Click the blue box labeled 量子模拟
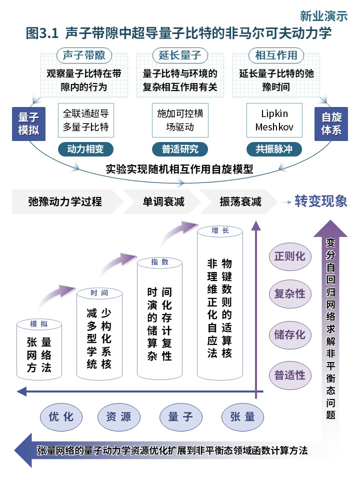point(29,124)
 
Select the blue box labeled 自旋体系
point(331,124)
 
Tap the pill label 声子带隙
point(84,55)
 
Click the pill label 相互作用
point(276,55)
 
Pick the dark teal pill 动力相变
point(85,149)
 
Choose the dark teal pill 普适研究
point(180,149)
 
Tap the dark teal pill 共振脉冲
point(274,149)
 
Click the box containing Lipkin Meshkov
point(274,120)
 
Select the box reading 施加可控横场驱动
point(180,120)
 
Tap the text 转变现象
point(321,201)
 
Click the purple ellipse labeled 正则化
point(290,256)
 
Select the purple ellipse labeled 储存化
point(290,335)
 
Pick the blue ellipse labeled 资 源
point(119,417)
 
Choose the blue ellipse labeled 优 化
point(61,417)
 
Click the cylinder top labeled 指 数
point(160,262)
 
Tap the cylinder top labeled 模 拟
point(39,324)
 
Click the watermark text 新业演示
point(323,16)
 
